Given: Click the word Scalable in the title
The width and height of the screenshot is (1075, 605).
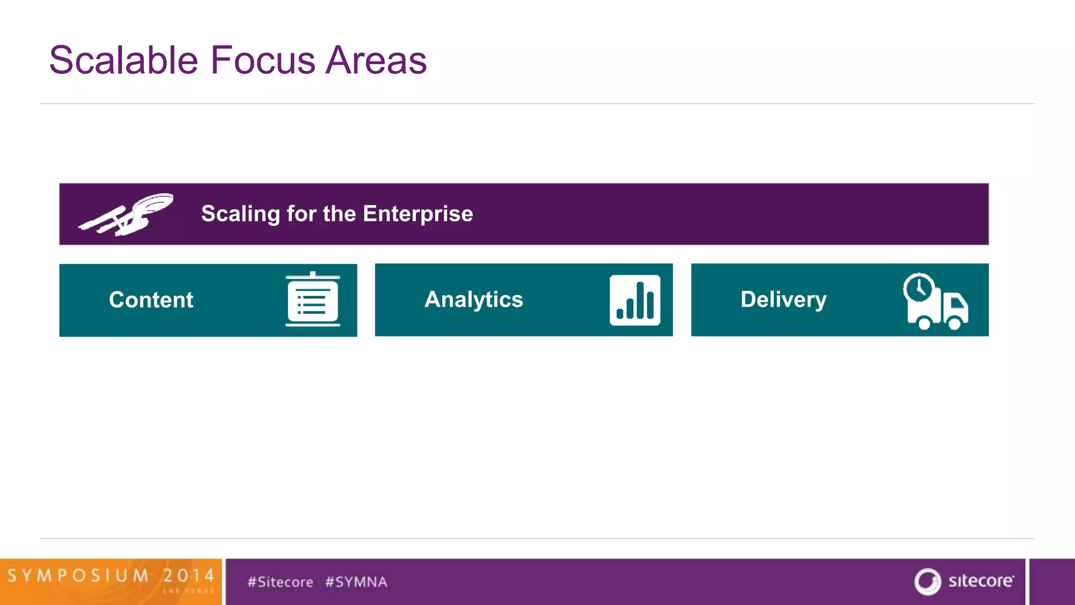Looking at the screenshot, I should point(123,60).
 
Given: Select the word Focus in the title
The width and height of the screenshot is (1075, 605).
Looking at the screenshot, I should point(263,60).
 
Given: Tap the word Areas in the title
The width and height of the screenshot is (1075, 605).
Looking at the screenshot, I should point(376,60).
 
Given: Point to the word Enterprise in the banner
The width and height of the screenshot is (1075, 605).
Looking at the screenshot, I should point(418,214).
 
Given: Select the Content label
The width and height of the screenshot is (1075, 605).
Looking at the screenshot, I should point(151,300).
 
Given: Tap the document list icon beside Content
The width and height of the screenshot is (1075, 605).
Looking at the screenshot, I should point(313,300).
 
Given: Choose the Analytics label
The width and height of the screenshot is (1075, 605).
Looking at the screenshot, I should point(473,299).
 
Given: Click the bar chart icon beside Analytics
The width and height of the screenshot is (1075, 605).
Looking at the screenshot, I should point(635,300).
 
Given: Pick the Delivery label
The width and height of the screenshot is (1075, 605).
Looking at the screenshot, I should point(783,299).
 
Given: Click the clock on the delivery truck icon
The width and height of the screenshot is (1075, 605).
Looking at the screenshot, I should point(919,287).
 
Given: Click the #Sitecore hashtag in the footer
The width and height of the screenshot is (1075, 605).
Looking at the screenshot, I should point(280,582).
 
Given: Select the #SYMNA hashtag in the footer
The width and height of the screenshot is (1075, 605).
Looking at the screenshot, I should point(356,582).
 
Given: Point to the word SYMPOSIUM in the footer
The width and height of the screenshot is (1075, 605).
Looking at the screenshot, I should point(78,576).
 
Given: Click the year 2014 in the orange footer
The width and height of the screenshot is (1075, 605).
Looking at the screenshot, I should point(188,576).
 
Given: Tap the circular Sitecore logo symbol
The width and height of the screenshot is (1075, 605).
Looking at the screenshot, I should point(928,581).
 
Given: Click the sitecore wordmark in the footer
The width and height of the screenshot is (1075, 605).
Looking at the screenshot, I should point(981,581).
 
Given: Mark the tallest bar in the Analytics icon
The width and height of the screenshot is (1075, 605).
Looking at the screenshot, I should point(640,300).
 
